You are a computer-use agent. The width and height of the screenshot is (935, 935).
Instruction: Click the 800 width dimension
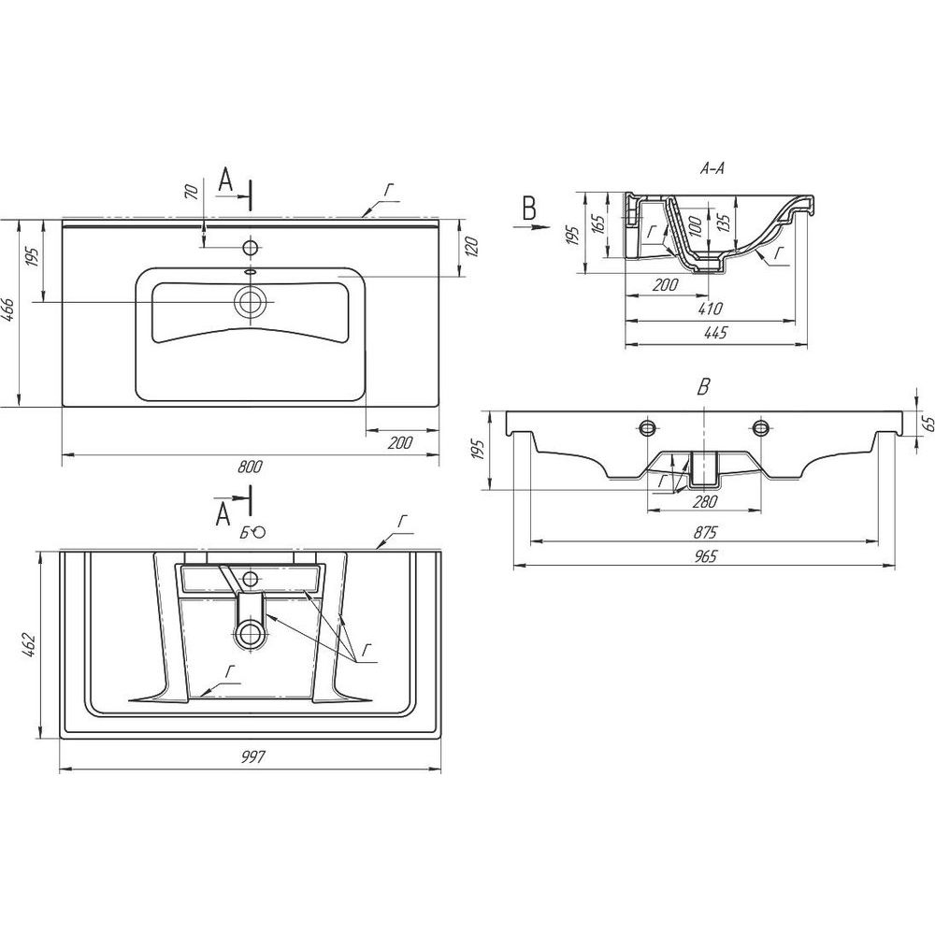[x=250, y=467]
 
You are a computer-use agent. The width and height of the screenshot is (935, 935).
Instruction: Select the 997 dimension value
[x=252, y=756]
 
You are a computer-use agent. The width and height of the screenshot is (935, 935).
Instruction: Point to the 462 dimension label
[x=31, y=646]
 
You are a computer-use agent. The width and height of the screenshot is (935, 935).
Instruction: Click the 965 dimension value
[x=704, y=556]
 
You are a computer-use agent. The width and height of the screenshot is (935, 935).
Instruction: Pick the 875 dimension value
[x=704, y=532]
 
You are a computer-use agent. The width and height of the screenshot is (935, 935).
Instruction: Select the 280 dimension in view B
[x=704, y=502]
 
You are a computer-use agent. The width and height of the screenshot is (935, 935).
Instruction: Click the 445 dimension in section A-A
[x=715, y=333]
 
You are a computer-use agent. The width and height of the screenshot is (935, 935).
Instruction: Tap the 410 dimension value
[x=711, y=309]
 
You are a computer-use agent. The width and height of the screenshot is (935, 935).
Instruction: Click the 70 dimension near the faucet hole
[x=192, y=192]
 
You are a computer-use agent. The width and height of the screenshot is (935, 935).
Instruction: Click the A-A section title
[x=712, y=168]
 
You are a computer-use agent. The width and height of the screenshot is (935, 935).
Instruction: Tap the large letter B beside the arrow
[x=529, y=209]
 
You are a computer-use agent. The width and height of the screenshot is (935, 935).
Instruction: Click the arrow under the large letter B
[x=530, y=226]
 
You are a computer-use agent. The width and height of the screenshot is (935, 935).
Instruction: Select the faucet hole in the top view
[x=251, y=246]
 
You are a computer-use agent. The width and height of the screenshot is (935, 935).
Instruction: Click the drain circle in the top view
[x=251, y=302]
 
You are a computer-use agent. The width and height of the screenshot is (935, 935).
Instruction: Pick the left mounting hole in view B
[x=648, y=427]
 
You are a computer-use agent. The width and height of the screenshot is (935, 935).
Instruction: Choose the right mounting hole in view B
[x=760, y=427]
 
